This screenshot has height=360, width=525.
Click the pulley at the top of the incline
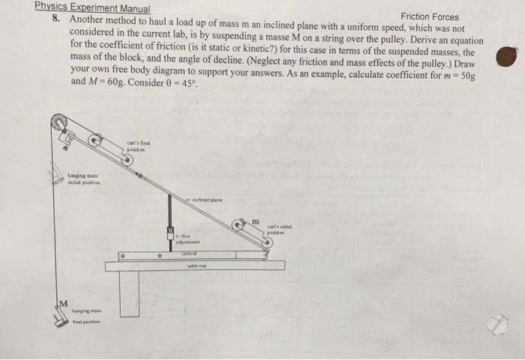[x=58, y=122]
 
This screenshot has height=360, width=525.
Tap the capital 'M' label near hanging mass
[x=64, y=302]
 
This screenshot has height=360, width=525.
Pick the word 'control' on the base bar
[x=188, y=254]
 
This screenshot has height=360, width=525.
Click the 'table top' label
[x=196, y=265]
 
